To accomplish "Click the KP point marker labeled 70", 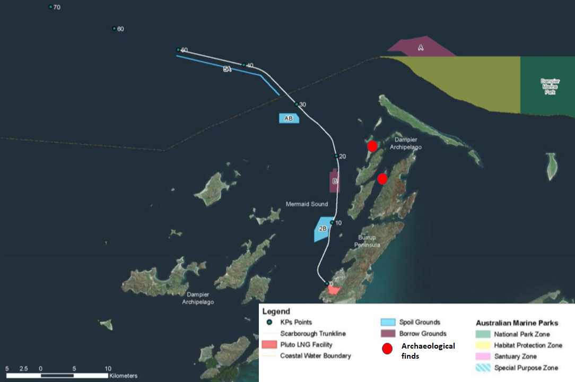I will tap(51, 7).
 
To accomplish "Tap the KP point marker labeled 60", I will tap(115, 29).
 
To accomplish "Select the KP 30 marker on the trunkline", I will tap(297, 104).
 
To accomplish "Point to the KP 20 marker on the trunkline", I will tap(336, 156).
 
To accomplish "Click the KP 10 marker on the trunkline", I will tap(332, 223).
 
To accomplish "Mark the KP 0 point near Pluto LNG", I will tap(327, 284).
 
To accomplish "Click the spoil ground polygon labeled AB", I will tap(289, 118).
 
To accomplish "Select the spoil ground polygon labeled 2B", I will tap(323, 229).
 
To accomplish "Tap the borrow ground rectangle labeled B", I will tap(335, 181).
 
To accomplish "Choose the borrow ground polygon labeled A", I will tap(420, 48).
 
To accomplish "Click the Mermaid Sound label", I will tap(307, 204).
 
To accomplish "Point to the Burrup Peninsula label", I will tap(369, 241).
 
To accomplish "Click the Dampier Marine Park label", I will tap(550, 86).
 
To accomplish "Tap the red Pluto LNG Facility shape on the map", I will tap(334, 290).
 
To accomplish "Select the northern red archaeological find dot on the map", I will tap(372, 146).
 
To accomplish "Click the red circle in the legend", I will tap(388, 349).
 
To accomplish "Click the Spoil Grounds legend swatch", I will tap(388, 322).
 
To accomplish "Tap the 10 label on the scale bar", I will tap(108, 368).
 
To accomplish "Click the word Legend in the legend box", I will tap(276, 311).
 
